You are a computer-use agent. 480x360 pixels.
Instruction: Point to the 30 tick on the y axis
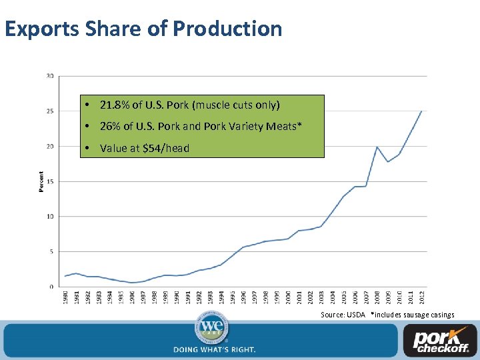click(50, 75)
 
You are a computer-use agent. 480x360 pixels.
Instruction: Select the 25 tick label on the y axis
click(50, 111)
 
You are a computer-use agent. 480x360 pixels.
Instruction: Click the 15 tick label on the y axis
click(50, 181)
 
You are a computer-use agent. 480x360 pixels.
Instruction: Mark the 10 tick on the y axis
click(50, 217)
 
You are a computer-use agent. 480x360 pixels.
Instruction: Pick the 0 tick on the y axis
click(51, 287)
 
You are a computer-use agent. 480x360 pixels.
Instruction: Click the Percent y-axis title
click(41, 181)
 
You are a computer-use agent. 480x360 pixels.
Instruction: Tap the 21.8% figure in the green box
click(115, 105)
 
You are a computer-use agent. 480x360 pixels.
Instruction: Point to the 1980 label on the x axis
click(65, 298)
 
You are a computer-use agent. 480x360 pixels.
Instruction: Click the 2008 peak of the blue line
click(377, 147)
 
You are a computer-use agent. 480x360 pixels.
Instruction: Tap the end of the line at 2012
click(421, 111)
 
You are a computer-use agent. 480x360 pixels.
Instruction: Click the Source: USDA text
click(342, 315)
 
